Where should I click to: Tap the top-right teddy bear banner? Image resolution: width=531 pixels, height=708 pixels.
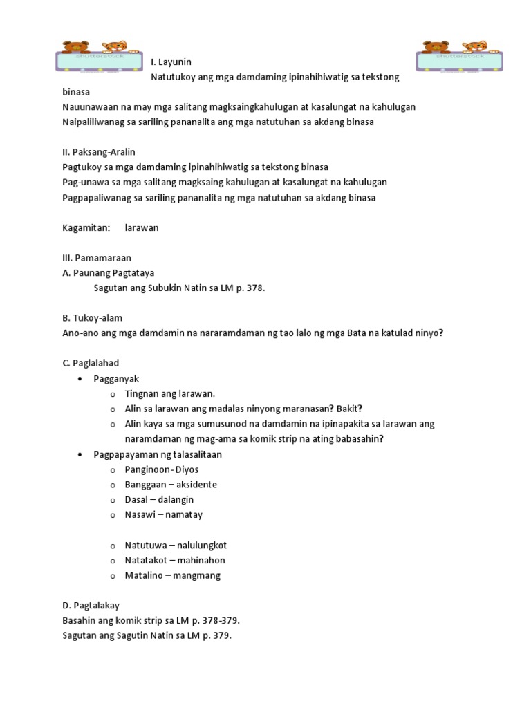[x=459, y=57]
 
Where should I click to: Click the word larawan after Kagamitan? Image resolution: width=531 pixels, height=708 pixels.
[x=142, y=227]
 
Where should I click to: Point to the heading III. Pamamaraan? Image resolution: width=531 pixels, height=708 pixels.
[x=97, y=258]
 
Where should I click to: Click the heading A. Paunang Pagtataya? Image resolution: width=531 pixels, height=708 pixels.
[x=109, y=273]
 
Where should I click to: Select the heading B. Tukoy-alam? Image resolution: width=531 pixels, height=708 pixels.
[x=93, y=318]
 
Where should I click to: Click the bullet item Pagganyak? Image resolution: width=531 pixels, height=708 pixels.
[x=116, y=379]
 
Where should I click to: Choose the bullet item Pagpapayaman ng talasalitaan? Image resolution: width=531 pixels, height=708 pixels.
[x=158, y=454]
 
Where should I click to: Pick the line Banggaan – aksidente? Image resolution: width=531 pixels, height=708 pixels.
[x=171, y=485]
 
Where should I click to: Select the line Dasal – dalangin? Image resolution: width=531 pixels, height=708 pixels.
[x=159, y=500]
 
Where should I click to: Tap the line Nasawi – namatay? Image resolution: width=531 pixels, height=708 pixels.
[x=163, y=515]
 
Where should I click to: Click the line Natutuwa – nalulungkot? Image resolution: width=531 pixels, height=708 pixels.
[x=176, y=546]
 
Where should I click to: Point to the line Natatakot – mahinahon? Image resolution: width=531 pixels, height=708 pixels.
[x=175, y=561]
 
